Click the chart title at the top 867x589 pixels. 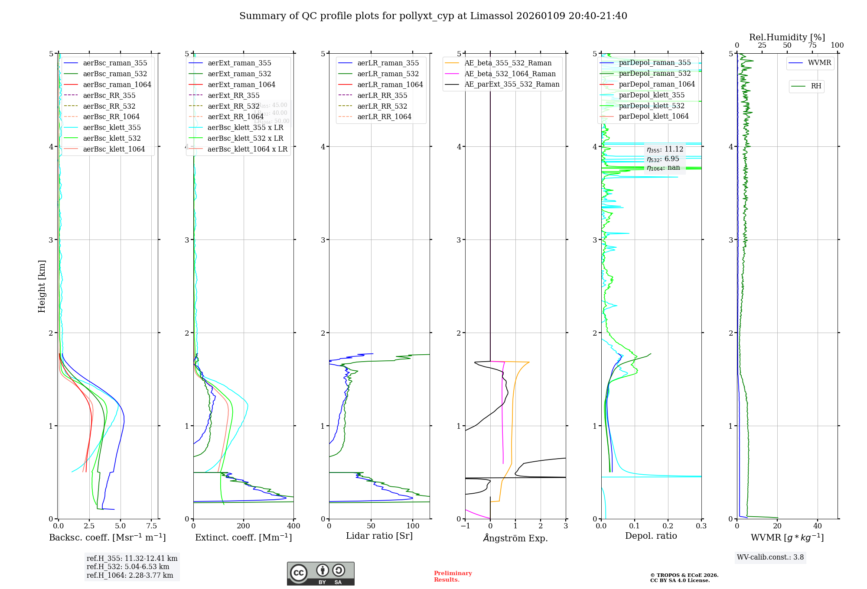433,16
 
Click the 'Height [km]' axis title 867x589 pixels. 42,286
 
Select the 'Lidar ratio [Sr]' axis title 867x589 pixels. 379,536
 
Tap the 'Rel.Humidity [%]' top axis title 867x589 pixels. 787,37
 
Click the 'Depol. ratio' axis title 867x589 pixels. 651,536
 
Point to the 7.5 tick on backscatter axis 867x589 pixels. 151,526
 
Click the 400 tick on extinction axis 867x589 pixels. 293,526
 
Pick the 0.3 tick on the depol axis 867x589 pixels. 701,526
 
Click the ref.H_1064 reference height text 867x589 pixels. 130,575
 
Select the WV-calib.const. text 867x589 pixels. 770,557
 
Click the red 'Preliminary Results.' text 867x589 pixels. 453,576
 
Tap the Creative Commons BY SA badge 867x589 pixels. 320,573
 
